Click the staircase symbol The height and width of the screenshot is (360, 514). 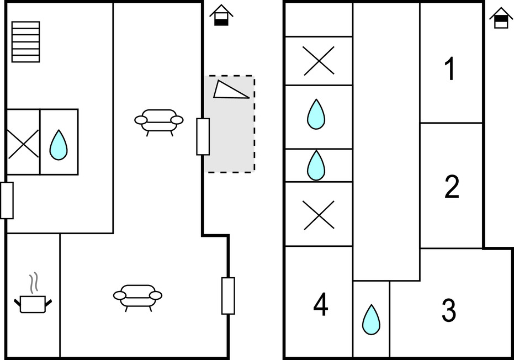pyautogui.click(x=25, y=42)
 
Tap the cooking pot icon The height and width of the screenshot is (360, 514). pyautogui.click(x=33, y=301)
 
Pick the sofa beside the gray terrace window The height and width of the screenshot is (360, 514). pyautogui.click(x=159, y=120)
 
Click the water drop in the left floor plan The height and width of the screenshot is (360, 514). pyautogui.click(x=59, y=144)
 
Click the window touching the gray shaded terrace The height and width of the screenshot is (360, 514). pyautogui.click(x=203, y=136)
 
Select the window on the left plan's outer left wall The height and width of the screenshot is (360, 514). pyautogui.click(x=7, y=200)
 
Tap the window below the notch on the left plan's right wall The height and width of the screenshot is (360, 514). pyautogui.click(x=228, y=295)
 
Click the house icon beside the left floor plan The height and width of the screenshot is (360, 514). pyautogui.click(x=221, y=15)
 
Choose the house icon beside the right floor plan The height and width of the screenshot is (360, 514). pyautogui.click(x=501, y=18)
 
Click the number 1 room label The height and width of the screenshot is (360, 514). pyautogui.click(x=451, y=70)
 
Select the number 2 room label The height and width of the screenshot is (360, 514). pyautogui.click(x=452, y=187)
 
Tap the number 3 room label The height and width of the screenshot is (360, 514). pyautogui.click(x=449, y=311)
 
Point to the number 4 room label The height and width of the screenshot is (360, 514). pyautogui.click(x=321, y=305)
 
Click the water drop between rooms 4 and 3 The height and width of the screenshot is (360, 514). pyautogui.click(x=371, y=319)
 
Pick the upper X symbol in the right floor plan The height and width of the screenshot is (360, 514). pyautogui.click(x=319, y=61)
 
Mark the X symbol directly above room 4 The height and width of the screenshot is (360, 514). pyautogui.click(x=319, y=214)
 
